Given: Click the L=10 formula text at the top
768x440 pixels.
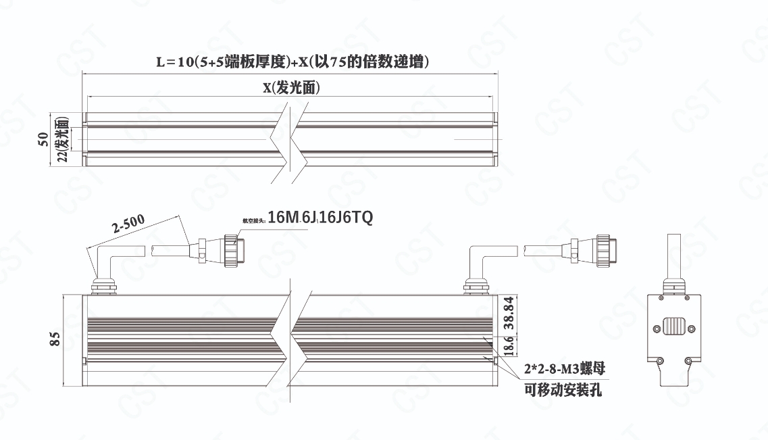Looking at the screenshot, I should point(293,62).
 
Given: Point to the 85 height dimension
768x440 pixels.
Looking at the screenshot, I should point(55,339).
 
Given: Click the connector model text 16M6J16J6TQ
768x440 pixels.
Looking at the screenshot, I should point(320,218).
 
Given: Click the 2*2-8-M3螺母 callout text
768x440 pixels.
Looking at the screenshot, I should point(564,370).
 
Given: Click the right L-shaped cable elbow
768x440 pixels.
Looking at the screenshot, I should point(482,260).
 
